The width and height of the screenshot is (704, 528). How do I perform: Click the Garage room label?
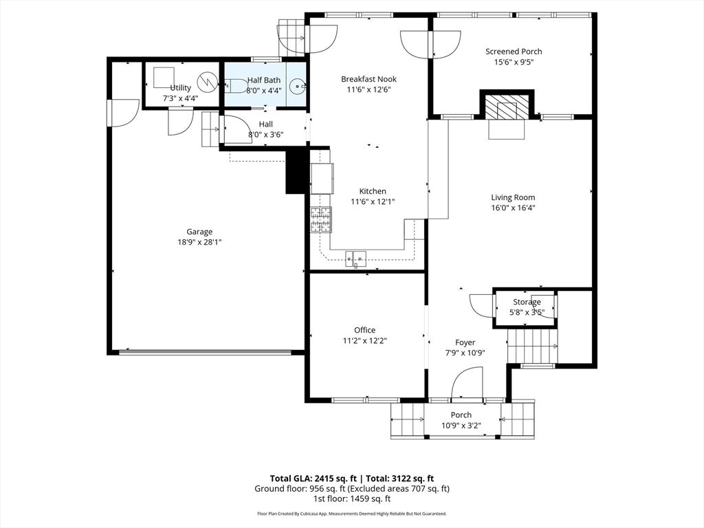(x=199, y=232)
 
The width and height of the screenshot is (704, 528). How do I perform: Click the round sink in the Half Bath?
(x=297, y=86)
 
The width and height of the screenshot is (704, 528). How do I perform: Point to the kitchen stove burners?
(x=320, y=219)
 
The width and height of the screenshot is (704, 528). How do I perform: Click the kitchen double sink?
(x=357, y=258)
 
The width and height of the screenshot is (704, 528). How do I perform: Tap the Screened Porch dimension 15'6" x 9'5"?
(x=514, y=62)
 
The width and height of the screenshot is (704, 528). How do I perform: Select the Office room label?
(x=364, y=330)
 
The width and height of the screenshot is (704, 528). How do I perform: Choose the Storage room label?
(x=527, y=302)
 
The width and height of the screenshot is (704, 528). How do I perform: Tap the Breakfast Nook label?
(x=368, y=79)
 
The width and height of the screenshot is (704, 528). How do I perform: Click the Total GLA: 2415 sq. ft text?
(x=312, y=478)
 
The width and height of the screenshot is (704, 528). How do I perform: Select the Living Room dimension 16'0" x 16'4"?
(x=513, y=208)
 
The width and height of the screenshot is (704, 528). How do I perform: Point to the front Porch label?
(x=461, y=415)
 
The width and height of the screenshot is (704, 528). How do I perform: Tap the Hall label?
(x=265, y=124)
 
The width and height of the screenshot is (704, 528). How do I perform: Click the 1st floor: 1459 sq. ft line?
(x=351, y=499)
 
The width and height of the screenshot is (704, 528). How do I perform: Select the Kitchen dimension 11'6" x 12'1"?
(x=373, y=201)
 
